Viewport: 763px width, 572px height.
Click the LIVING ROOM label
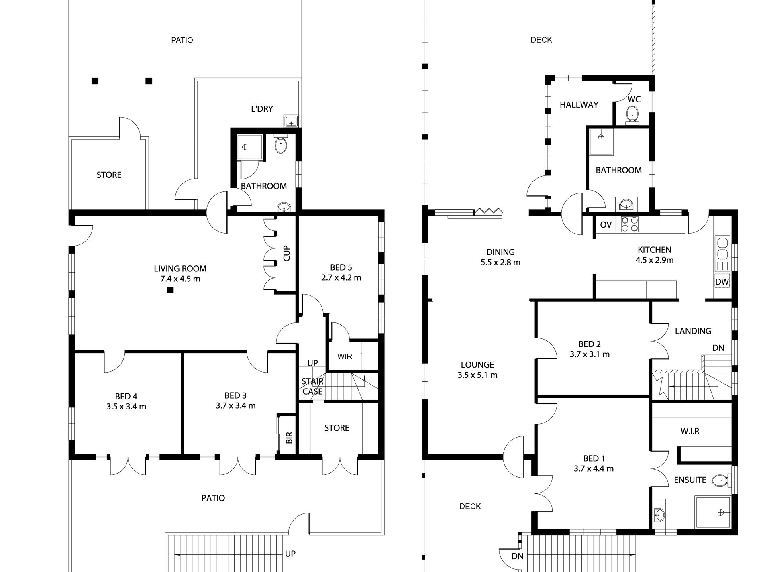180,269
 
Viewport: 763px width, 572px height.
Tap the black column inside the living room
170,290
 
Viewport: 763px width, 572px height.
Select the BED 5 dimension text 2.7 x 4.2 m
341,278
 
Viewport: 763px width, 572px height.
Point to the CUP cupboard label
287,253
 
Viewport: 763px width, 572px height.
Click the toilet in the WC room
632,114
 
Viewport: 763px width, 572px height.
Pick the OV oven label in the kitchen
606,225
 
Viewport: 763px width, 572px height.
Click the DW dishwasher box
722,282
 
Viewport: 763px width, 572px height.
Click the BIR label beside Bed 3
289,438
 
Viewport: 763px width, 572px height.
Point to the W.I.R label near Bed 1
690,431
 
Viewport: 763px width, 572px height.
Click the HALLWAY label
579,105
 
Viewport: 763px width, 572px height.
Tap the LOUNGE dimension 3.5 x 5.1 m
477,375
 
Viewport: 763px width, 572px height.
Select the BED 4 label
126,397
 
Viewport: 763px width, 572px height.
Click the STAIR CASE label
312,387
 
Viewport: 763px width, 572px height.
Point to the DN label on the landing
718,348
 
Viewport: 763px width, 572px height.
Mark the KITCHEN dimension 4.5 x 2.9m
655,260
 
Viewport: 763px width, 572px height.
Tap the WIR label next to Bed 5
345,356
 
